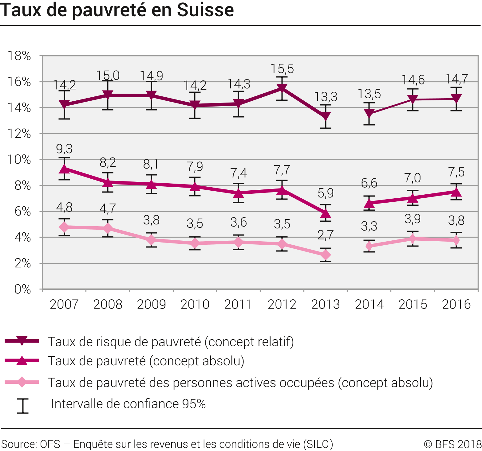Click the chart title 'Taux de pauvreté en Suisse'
coord(117,10)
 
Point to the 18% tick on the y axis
coord(19,56)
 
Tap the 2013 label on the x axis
coord(326,304)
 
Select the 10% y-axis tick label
coord(19,160)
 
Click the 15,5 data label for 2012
coord(282,69)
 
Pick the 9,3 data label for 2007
coord(64,149)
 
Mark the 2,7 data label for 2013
coord(326,235)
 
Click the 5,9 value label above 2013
coord(326,193)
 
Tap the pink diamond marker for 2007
coord(64,227)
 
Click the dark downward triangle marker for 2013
coord(326,116)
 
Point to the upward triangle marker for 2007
coord(64,169)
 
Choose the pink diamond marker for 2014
coord(369,246)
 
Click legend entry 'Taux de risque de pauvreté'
coord(171,342)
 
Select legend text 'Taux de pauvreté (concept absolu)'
coord(146,361)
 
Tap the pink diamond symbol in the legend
coord(22,382)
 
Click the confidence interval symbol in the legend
coord(22,406)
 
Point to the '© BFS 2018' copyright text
coord(452,444)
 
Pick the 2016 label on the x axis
coord(456,304)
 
